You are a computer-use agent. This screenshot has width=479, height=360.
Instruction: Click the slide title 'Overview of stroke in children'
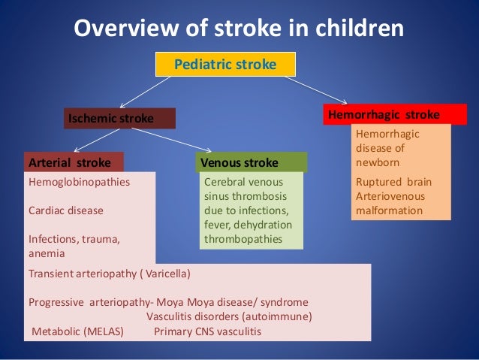click(239, 28)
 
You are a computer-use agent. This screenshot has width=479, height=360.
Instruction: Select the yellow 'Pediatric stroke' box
click(225, 65)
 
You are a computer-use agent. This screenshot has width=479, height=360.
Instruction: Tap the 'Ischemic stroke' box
click(119, 118)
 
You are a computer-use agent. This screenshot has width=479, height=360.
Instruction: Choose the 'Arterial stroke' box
click(74, 162)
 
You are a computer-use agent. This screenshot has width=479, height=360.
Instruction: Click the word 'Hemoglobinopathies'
click(79, 182)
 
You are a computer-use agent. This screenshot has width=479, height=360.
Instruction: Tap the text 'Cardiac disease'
click(65, 210)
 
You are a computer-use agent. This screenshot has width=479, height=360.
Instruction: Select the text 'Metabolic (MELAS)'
click(78, 330)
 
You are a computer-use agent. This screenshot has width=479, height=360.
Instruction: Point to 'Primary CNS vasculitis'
click(208, 330)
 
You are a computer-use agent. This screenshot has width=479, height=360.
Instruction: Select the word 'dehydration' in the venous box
click(264, 225)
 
